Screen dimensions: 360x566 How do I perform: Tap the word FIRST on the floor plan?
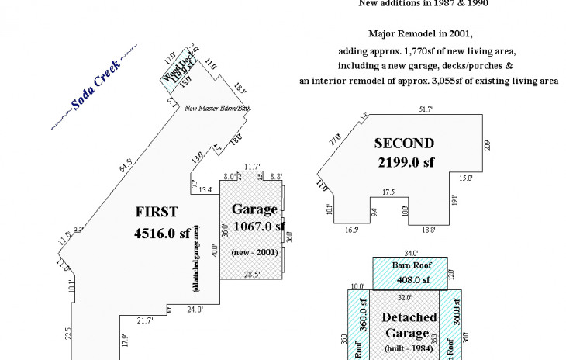pyautogui.click(x=157, y=212)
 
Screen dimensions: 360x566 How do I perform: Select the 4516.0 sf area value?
pyautogui.click(x=162, y=232)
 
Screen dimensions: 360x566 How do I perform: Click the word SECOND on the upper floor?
pyautogui.click(x=404, y=143)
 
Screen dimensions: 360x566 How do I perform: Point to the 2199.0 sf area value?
pyautogui.click(x=406, y=162)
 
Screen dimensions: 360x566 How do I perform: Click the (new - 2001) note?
pyautogui.click(x=254, y=252)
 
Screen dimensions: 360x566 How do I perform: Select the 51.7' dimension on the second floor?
pyautogui.click(x=426, y=110)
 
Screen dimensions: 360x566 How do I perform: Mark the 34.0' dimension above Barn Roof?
pyautogui.click(x=411, y=253)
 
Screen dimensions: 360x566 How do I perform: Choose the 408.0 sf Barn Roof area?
pyautogui.click(x=410, y=280)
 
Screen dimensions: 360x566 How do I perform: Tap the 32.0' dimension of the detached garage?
pyautogui.click(x=404, y=297)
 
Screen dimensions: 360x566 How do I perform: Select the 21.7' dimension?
pyautogui.click(x=146, y=320)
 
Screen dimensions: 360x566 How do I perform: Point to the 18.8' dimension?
pyautogui.click(x=428, y=230)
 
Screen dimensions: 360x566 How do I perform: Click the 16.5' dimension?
pyautogui.click(x=351, y=230)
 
